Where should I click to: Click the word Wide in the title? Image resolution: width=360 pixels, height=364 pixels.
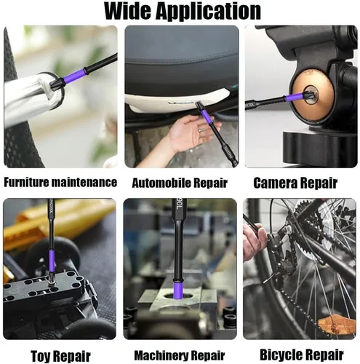[x=128, y=11]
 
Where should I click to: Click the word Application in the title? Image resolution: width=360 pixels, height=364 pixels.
[x=208, y=12]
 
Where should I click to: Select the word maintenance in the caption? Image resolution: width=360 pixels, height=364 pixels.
[x=84, y=182]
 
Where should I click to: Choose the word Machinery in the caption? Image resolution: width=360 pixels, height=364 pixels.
[x=160, y=355]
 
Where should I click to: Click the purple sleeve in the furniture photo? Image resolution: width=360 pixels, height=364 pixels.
[x=74, y=76]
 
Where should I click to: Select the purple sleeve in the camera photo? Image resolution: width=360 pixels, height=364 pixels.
[x=294, y=98]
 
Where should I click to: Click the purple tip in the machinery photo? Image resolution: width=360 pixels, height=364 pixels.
[x=179, y=290]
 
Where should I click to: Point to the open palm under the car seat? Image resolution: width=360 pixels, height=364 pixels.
[x=191, y=133]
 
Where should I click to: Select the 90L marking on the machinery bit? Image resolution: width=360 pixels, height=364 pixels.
[x=179, y=205]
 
